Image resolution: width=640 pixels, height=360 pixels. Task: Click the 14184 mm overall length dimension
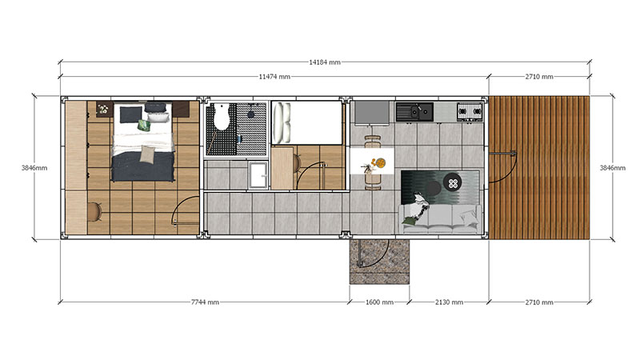(325, 62)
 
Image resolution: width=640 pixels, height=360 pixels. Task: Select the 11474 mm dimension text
(274, 77)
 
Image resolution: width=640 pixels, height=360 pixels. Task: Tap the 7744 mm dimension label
(205, 302)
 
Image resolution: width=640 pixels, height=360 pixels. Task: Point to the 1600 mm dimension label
(379, 302)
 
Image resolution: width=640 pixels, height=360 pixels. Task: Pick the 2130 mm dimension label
(449, 302)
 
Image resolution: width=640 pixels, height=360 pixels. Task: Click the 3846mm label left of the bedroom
(34, 168)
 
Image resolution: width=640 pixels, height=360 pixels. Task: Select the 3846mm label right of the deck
(613, 168)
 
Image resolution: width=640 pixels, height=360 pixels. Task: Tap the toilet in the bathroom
(222, 116)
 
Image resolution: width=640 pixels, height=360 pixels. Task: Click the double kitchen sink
(414, 111)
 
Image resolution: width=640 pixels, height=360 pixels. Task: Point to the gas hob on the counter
(470, 111)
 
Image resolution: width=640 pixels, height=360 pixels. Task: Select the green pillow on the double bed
(144, 126)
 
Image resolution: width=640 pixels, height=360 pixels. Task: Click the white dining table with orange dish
(372, 162)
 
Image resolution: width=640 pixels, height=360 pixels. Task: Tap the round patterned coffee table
(453, 182)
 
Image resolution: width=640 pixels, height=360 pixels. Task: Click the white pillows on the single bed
(282, 122)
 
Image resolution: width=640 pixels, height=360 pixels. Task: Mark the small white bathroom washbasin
(258, 175)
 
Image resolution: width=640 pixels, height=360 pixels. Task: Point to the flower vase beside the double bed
(103, 109)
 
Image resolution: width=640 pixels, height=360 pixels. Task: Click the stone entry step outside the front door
(379, 262)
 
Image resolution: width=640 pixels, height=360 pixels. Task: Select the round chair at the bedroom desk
(95, 212)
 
